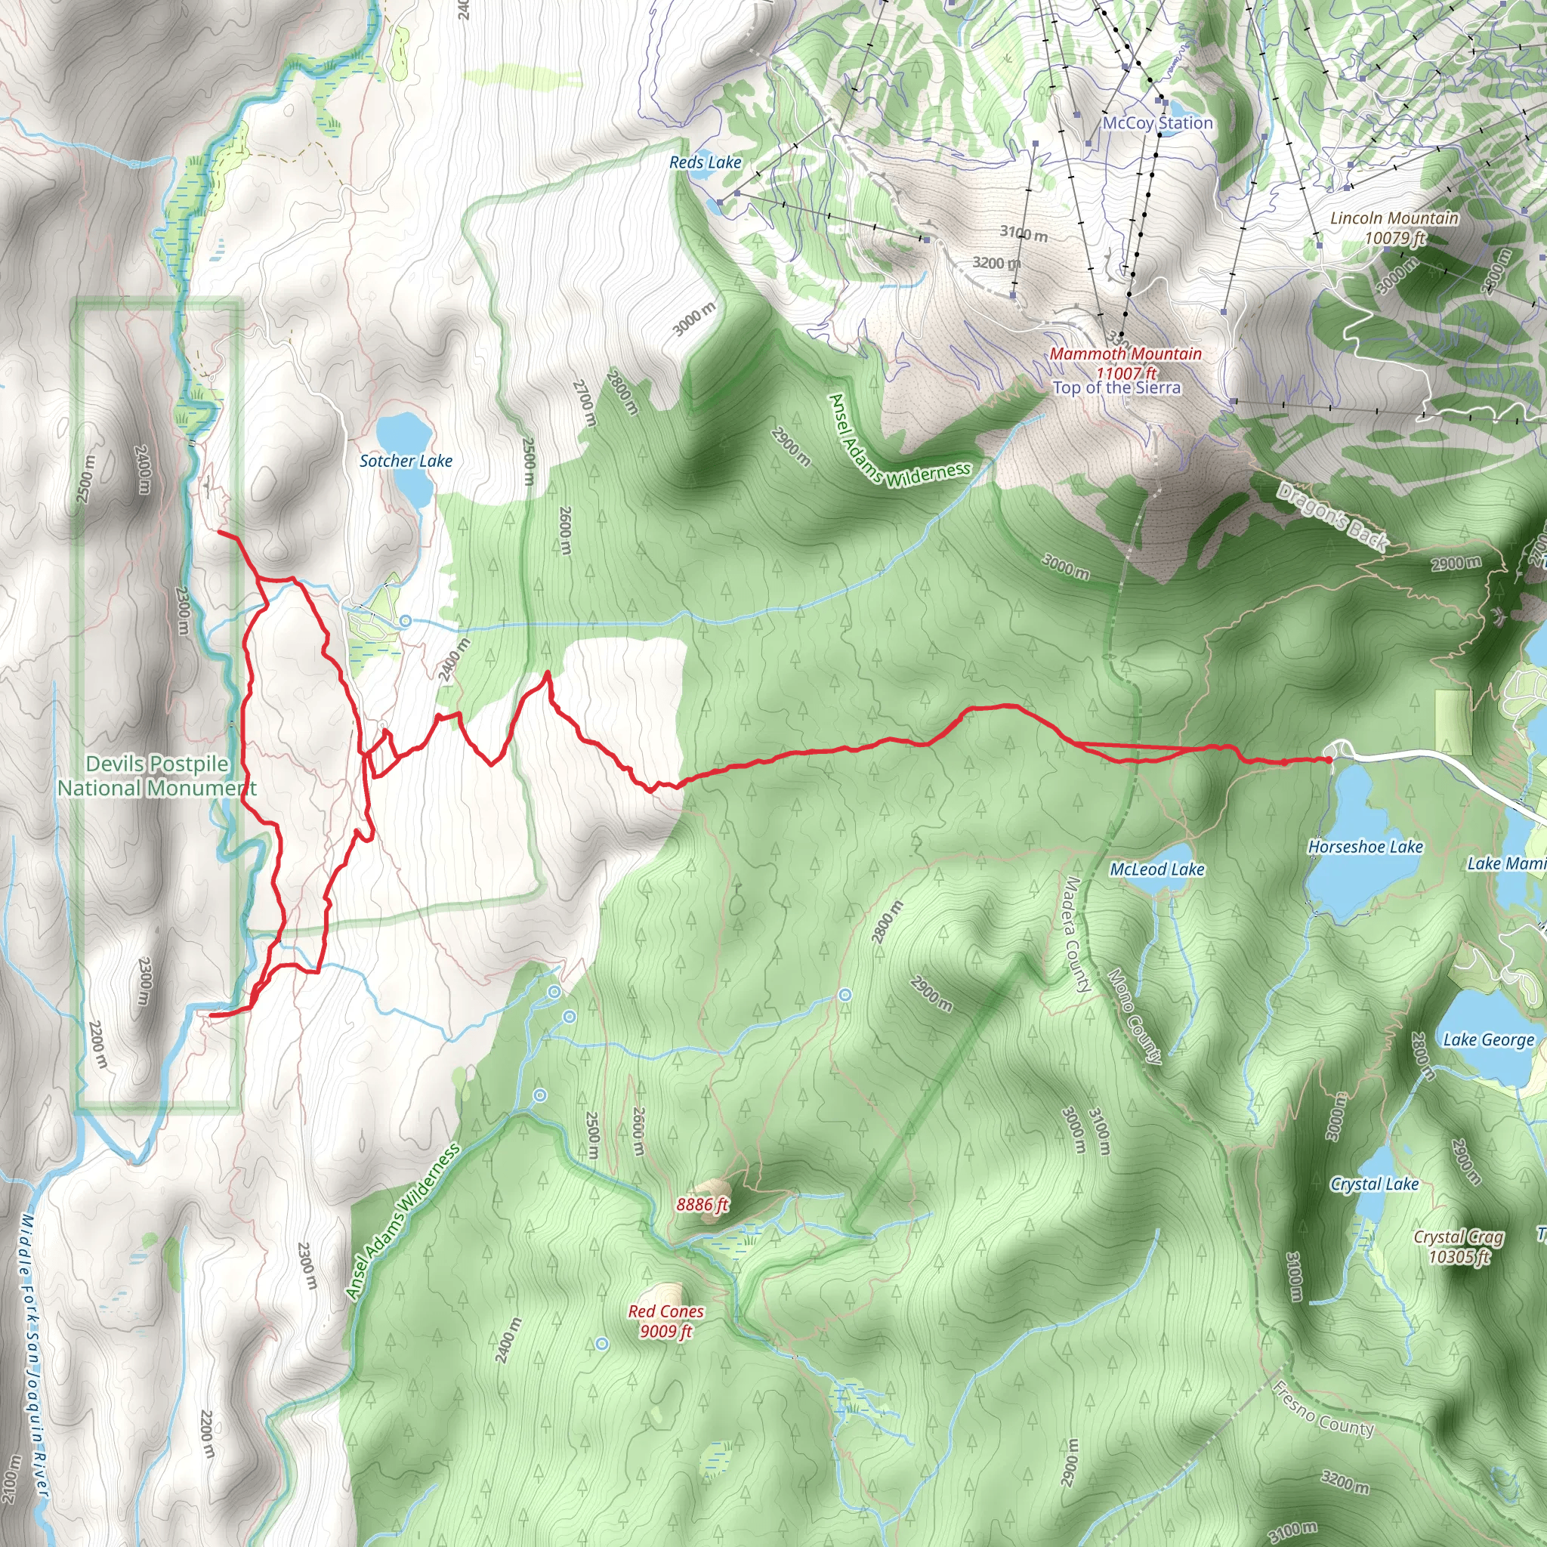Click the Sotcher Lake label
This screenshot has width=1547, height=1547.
[405, 462]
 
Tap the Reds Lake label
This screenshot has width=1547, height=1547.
[705, 162]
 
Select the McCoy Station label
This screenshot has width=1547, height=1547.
[1157, 123]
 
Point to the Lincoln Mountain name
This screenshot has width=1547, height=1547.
[1394, 218]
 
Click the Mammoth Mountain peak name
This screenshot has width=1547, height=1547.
[1125, 354]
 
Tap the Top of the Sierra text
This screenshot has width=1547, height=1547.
[1116, 388]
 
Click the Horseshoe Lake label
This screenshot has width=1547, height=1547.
[1365, 848]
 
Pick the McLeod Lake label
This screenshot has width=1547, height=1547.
[1156, 869]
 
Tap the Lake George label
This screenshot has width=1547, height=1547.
[1489, 1040]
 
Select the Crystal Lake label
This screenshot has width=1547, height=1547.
[1374, 1184]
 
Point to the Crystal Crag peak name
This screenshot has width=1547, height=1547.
[1458, 1238]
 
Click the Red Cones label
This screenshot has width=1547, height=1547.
[665, 1311]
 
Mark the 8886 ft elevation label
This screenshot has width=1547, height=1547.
[702, 1205]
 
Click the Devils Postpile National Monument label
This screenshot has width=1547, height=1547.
[157, 776]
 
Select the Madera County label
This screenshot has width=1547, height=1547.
[1077, 934]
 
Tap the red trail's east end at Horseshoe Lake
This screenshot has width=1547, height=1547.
[1329, 759]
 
